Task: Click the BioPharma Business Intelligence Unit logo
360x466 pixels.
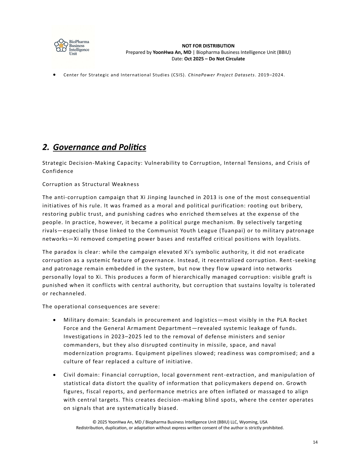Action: pyautogui.click(x=72, y=47)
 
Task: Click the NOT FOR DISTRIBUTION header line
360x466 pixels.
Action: pyautogui.click(x=208, y=46)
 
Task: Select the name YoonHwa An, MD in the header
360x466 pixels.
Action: pyautogui.click(x=172, y=52)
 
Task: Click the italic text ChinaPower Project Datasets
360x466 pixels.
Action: pyautogui.click(x=221, y=75)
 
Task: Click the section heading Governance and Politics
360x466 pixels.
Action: pyautogui.click(x=99, y=147)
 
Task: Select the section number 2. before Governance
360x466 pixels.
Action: pyautogui.click(x=46, y=147)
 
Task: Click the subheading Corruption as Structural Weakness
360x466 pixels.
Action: pyautogui.click(x=91, y=184)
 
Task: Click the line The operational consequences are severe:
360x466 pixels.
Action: pyautogui.click(x=101, y=307)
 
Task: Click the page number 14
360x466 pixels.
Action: pyautogui.click(x=315, y=442)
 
